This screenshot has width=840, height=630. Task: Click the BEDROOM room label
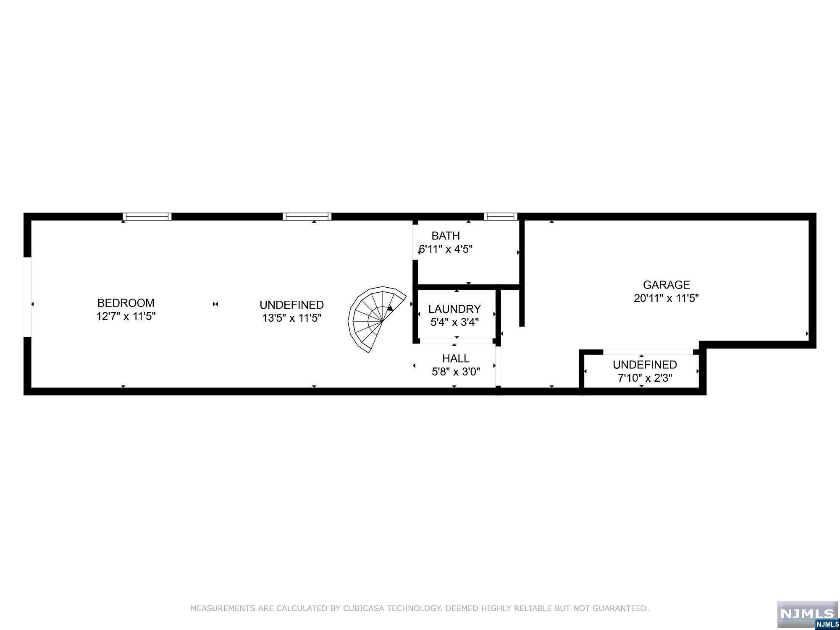point(126,303)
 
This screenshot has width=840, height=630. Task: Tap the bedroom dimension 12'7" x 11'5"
point(126,316)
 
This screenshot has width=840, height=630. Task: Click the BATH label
point(446,236)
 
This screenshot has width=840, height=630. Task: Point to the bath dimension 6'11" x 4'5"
point(446,249)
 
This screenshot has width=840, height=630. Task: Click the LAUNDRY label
point(454,309)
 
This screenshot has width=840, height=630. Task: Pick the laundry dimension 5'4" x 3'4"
point(454,322)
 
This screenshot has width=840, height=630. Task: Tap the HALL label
point(456,358)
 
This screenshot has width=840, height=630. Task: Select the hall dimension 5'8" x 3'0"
point(456,372)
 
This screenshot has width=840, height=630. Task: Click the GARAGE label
point(667,285)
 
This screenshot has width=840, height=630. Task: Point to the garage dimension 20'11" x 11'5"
point(667,298)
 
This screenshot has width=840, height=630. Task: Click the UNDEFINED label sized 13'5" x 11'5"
point(291,304)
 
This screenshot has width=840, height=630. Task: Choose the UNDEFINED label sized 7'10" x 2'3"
point(645,365)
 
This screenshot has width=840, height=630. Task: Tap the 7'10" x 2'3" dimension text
point(645,378)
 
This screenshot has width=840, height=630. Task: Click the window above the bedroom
point(147,217)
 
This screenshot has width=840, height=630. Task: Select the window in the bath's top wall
point(500,217)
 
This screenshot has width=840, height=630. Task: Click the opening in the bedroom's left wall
point(27,297)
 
